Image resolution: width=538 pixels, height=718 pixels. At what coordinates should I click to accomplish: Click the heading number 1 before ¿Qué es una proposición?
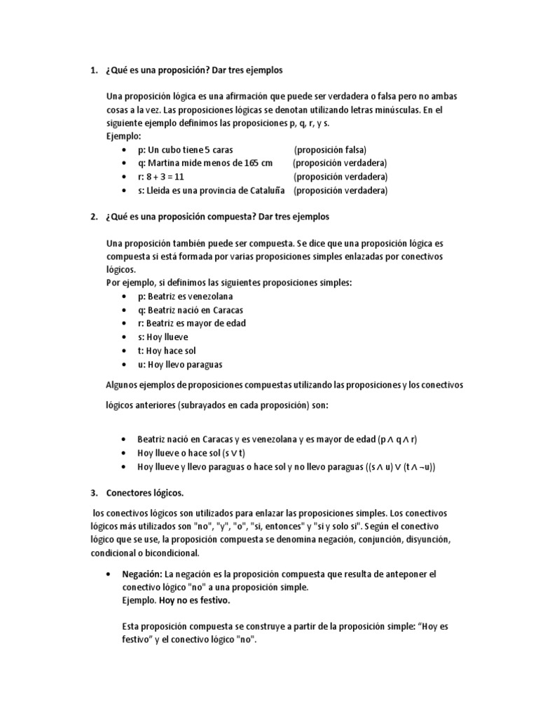pos(94,71)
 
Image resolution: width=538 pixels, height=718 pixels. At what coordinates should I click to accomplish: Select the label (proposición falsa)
pos(330,150)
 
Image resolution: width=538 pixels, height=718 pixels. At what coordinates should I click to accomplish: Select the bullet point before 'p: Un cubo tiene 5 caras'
pos(124,151)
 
